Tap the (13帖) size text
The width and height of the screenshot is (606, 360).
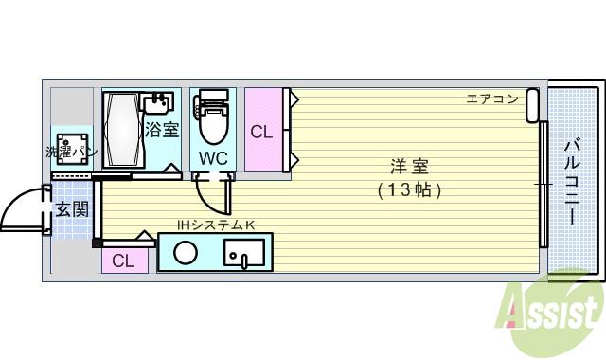point(409,189)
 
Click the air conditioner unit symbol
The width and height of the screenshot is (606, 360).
point(533,105)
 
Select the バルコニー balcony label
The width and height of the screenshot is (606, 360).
point(573,182)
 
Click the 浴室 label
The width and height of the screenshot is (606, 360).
point(161,130)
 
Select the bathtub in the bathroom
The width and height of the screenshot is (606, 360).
point(121,130)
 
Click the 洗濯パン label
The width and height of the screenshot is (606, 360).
point(71,153)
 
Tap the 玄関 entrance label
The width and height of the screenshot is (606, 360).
point(71,208)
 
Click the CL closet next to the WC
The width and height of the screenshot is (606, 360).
point(262,132)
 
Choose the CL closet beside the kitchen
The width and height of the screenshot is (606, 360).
point(123,261)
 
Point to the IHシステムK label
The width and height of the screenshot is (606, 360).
point(216,225)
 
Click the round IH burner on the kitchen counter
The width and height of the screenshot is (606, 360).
point(187,253)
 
